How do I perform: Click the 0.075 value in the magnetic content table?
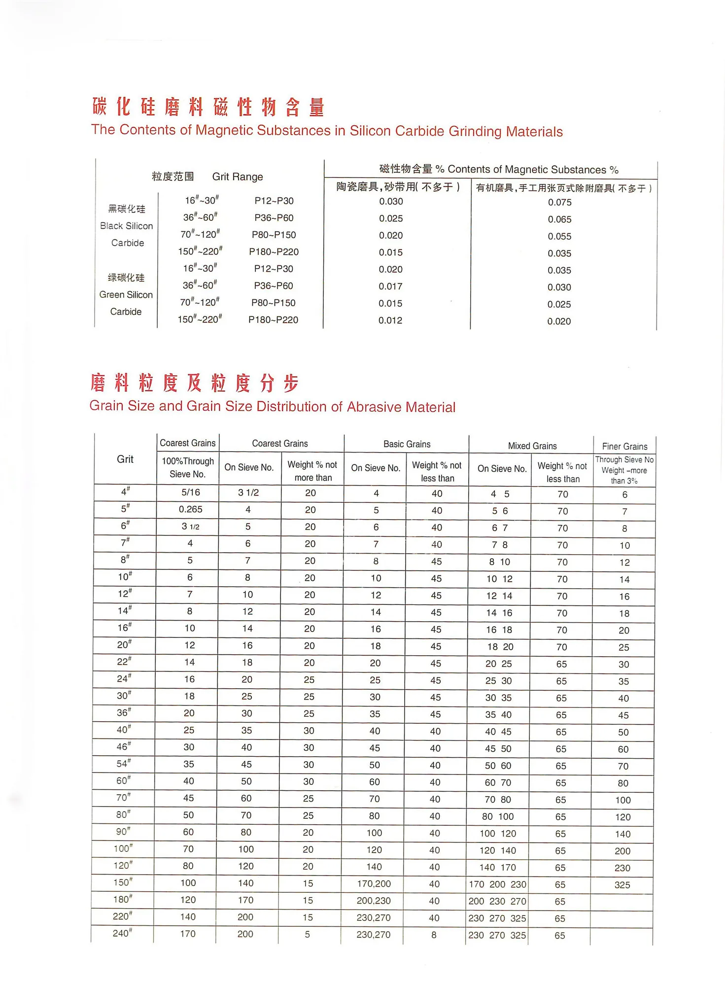pos(559,202)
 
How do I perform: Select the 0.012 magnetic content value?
pos(390,320)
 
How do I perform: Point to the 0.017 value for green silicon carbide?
pos(390,286)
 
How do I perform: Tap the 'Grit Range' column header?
pos(238,177)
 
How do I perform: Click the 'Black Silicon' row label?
pos(126,226)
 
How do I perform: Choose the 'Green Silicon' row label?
pos(126,295)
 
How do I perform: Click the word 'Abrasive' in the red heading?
pos(374,407)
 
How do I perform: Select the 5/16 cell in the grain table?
pos(191,493)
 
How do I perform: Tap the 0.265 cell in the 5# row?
pos(190,509)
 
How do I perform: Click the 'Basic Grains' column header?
pos(407,444)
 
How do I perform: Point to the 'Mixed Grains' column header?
pos(532,446)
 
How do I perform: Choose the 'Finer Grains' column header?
pos(624,447)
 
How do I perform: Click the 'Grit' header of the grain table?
pos(125,459)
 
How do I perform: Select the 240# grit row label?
pos(122,933)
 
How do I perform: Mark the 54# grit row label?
pos(124,764)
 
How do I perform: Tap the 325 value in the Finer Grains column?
pos(622,885)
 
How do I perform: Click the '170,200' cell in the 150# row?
pos(374,884)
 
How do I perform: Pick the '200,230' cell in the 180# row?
pos(374,901)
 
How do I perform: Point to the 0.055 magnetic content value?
pos(559,237)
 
